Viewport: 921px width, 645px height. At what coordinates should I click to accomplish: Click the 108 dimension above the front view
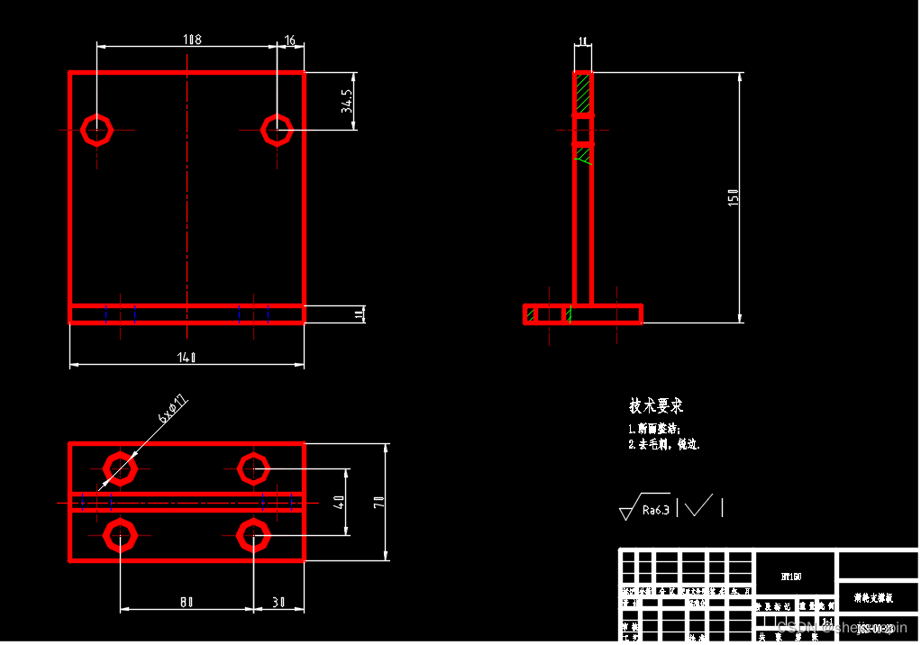tap(192, 40)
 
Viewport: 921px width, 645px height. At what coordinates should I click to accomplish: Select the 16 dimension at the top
tap(290, 40)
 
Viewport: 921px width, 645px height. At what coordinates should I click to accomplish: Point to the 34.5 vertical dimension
tap(346, 101)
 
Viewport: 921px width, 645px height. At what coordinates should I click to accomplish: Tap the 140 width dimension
tap(187, 358)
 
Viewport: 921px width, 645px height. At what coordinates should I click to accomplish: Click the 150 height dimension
tap(734, 197)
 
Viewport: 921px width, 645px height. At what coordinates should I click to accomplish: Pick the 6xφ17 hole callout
tap(173, 408)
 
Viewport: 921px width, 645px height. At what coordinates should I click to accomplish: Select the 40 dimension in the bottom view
tap(339, 502)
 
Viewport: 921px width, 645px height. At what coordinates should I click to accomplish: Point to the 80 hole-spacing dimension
tap(186, 603)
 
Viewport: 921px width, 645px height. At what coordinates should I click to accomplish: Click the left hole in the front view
tap(96, 130)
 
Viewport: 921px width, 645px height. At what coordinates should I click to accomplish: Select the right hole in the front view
tap(277, 130)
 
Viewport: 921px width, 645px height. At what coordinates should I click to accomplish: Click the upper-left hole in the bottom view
tap(119, 468)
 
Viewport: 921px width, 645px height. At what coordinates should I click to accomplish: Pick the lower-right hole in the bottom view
tap(253, 536)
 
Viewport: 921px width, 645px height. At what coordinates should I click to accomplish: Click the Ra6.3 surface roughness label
tap(655, 510)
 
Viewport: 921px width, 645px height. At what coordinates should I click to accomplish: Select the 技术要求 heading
tap(656, 406)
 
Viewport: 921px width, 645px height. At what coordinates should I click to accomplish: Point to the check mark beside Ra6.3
tap(698, 506)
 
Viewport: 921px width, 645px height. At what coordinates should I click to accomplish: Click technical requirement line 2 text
tap(664, 444)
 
